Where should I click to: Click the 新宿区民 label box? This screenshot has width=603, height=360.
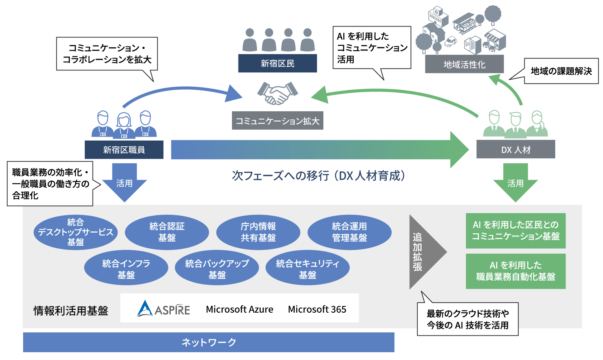277,64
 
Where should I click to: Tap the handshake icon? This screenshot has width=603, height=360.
277,93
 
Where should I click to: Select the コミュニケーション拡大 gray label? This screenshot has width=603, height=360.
277,121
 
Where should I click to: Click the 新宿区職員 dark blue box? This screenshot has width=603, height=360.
124,150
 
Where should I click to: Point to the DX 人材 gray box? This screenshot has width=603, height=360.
516,149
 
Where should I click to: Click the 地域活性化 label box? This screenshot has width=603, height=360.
464,64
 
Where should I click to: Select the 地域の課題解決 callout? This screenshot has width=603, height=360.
561,71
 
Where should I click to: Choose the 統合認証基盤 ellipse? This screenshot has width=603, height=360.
167,232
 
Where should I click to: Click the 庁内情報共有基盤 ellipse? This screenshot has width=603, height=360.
258,232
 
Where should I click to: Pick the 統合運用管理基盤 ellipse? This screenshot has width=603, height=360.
349,232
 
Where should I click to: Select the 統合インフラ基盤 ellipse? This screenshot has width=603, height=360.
126,269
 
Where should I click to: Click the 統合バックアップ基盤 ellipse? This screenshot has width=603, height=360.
217,269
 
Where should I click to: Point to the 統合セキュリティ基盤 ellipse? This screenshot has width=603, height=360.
307,269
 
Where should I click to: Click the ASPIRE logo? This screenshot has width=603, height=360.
163,309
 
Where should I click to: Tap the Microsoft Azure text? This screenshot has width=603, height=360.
239,309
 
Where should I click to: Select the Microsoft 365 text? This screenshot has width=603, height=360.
317,309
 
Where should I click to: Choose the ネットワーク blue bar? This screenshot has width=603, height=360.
208,342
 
